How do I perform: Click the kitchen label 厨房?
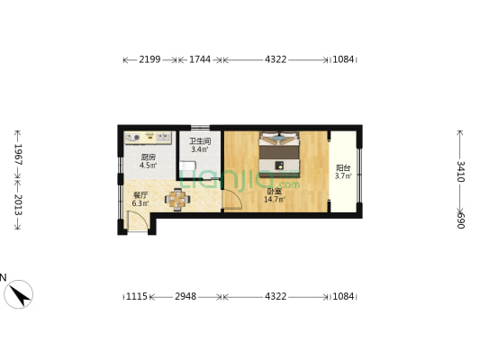pos(149,157)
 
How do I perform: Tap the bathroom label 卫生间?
pos(199,141)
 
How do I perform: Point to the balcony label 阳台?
pos(342,167)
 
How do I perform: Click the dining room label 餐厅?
pos(140,194)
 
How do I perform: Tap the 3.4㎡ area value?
pos(199,150)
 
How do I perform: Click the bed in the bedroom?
pos(280,154)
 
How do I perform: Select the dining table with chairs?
pos(178,199)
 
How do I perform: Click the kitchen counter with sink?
pos(149,138)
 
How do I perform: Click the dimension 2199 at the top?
pos(149,59)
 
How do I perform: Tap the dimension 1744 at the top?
pos(200,59)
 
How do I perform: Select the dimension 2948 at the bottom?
pos(186,296)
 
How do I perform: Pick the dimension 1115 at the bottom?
pos(136,296)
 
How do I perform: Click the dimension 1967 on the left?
pos(17,153)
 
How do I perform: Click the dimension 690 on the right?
pos(460,220)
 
